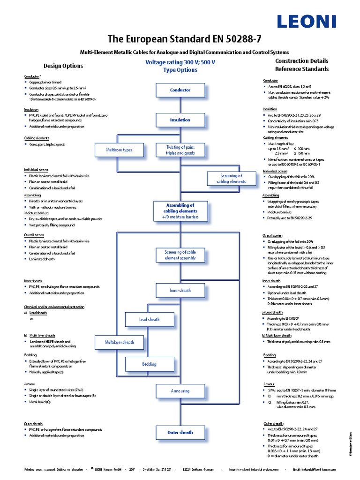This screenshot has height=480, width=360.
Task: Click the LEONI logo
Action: coord(307,21)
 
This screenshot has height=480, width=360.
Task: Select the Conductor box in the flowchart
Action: coord(180,90)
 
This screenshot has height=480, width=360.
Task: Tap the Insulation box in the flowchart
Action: coord(180,120)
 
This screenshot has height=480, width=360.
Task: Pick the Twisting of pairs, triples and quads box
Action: coord(180,150)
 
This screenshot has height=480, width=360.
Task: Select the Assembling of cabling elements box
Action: coord(180,211)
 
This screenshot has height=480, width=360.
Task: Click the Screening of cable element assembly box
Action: coord(180,255)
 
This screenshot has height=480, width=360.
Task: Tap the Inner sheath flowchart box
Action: coord(180,291)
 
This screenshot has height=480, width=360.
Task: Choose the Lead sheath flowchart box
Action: coord(150,320)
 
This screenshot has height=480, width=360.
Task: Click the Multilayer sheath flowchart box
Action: coord(119,342)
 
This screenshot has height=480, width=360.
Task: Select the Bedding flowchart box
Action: coord(150,364)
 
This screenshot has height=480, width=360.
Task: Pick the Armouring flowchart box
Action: coord(180,391)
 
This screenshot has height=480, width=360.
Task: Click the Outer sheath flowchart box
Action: coord(180,433)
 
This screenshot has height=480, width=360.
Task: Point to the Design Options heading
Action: coord(63,66)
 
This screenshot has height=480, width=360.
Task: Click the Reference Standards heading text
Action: coord(301,69)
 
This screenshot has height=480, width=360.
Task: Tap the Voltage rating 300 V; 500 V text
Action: coord(180,62)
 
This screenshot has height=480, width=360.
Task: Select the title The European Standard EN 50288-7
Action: coord(180,38)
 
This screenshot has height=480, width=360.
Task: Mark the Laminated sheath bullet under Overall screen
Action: coord(42,259)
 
